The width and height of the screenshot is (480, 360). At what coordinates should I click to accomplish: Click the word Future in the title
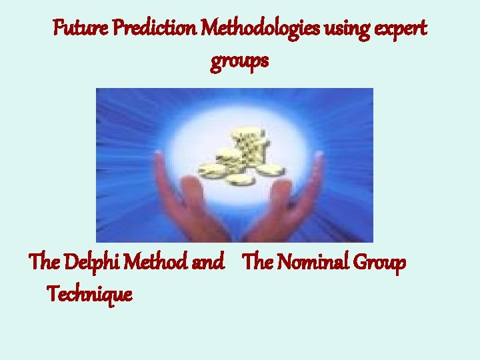[75, 30]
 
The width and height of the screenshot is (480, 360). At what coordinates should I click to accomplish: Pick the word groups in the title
[239, 62]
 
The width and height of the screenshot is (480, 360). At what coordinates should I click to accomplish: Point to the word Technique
[89, 293]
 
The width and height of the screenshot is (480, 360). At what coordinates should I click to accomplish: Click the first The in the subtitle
[45, 263]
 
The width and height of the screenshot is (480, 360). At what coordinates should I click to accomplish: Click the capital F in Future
[58, 30]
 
